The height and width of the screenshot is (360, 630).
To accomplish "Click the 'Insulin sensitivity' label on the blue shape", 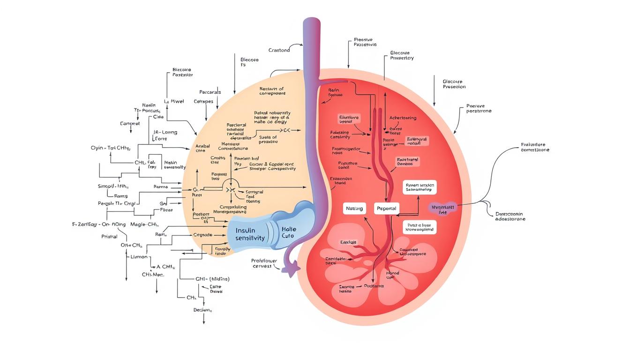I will [x=250, y=233].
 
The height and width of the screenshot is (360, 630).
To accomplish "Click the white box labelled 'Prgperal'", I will [x=387, y=208].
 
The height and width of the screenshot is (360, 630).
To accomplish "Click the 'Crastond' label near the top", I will [x=279, y=50].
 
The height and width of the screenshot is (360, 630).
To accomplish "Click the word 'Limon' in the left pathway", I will [x=138, y=257].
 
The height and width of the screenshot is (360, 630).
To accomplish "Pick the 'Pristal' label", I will [x=109, y=237].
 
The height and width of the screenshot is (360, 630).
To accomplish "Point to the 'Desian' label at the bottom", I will [x=203, y=310].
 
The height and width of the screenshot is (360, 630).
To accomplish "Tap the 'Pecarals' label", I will [x=210, y=92].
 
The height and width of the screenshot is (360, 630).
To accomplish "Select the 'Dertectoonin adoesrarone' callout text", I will [x=510, y=216].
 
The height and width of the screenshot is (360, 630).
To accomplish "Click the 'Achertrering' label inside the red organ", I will [x=403, y=118].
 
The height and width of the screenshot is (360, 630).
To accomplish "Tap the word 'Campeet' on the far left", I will [x=130, y=124].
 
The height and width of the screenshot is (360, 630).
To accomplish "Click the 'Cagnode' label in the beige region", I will [x=203, y=234].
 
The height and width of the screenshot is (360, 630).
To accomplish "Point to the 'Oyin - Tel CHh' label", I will [x=111, y=148].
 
